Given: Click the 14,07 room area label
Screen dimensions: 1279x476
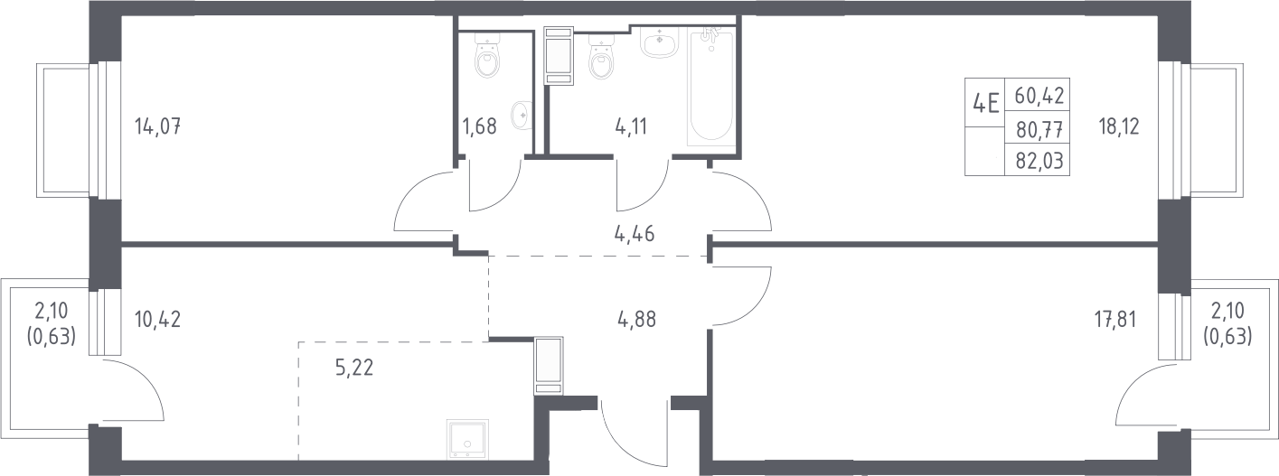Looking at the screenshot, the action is pos(157,126).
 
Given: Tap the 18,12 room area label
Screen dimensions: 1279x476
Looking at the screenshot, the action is pos(1119,126).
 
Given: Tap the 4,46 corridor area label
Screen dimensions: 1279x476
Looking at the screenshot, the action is pos(634,234).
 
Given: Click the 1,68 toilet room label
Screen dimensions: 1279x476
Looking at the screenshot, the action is pos(479,126).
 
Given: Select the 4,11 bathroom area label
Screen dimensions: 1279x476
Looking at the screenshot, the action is pos(631,126).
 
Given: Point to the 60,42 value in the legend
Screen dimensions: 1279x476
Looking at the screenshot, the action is pos(1039,112).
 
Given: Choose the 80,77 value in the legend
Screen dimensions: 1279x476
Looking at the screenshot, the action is pos(1039,131).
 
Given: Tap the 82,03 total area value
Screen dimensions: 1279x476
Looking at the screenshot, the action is pos(1039,161).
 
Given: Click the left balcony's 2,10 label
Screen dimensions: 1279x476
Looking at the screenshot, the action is pos(52,312).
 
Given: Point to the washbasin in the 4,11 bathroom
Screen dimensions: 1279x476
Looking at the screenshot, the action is pos(660,41).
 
